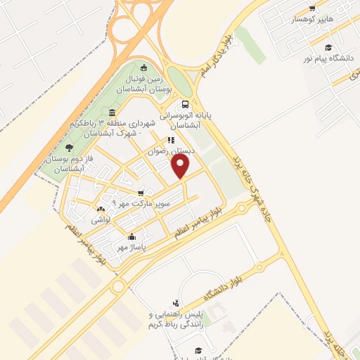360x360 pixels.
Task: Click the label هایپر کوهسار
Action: click(x=292, y=20)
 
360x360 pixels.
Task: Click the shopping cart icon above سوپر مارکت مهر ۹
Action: click(x=141, y=193)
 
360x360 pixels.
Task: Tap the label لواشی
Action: click(x=99, y=219)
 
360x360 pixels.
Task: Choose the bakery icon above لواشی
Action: click(x=100, y=209)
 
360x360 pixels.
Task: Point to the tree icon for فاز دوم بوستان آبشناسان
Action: click(x=69, y=148)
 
